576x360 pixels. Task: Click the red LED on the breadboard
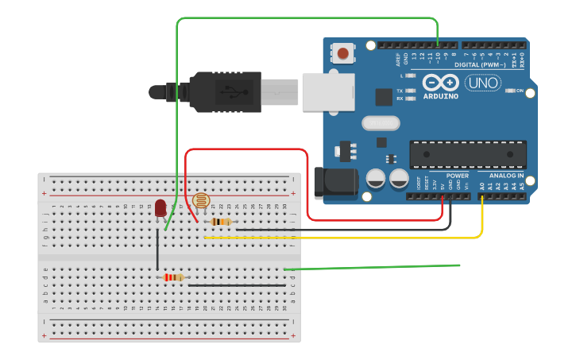point(160,207)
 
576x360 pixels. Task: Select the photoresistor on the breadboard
point(199,202)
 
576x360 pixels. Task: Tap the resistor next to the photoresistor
point(221,222)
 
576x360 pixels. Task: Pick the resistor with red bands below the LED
point(173,277)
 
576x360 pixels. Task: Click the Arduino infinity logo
point(441,82)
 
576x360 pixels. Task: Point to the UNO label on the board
point(482,82)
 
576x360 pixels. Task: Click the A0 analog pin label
point(481,186)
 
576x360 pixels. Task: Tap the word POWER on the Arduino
point(457,176)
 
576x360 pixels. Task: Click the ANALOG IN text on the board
point(506,176)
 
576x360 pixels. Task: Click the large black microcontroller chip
point(467,154)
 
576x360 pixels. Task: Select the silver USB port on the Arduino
point(327,91)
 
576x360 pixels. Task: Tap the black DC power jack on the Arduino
point(334,184)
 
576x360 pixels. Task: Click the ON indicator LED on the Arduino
point(511,91)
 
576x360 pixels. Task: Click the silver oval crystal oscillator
point(381,123)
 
